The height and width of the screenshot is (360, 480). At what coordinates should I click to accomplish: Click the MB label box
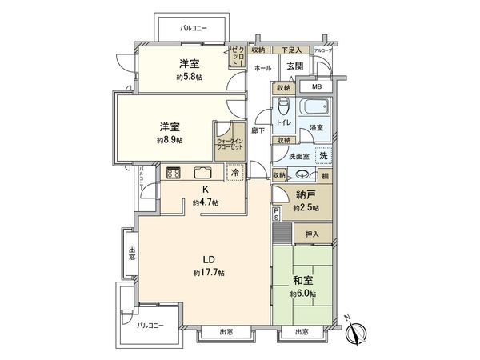316,86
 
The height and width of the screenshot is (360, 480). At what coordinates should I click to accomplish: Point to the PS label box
277,213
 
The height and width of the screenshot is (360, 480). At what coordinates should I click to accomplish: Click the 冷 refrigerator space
235,171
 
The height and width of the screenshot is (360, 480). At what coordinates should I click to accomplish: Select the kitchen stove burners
174,171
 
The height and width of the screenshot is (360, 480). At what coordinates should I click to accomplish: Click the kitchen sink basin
201,171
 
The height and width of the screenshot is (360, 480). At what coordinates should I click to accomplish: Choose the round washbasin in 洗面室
302,174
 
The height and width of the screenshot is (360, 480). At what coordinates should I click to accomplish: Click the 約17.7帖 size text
209,273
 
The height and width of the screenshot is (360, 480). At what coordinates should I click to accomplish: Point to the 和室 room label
302,281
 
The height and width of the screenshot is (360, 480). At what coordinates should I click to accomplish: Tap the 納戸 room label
305,194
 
